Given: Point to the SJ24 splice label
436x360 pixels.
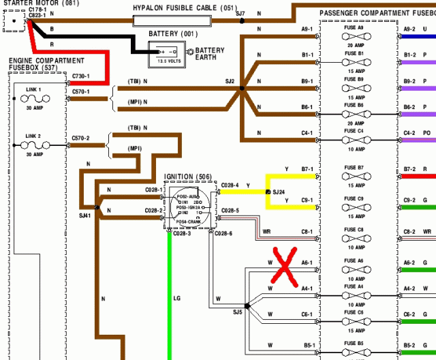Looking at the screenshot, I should click(279, 192).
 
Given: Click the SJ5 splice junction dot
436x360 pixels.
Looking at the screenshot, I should click(247, 307).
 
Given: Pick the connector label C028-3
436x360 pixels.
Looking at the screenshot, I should click(183, 234).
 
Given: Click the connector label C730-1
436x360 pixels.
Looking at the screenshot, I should click(80, 76).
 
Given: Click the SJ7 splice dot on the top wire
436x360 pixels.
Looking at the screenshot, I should click(243, 22).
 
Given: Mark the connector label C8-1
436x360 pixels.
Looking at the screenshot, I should click(307, 232).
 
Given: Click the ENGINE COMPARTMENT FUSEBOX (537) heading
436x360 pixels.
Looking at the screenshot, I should click(46, 64).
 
